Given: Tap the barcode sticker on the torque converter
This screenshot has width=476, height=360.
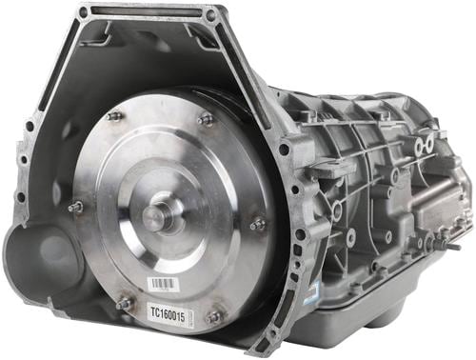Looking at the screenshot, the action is pyautogui.click(x=163, y=284).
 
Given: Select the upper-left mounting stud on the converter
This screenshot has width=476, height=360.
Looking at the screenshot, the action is pyautogui.click(x=114, y=116).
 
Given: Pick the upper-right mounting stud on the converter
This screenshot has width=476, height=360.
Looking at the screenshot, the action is pyautogui.click(x=205, y=120).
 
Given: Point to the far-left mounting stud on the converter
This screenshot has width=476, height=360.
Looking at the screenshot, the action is pyautogui.click(x=75, y=207).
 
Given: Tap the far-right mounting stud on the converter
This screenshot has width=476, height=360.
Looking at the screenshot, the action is pyautogui.click(x=258, y=225).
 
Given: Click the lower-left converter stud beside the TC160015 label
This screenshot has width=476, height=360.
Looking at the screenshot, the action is pyautogui.click(x=124, y=304).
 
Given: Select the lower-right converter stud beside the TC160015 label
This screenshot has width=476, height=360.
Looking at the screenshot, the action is pyautogui.click(x=214, y=316).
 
